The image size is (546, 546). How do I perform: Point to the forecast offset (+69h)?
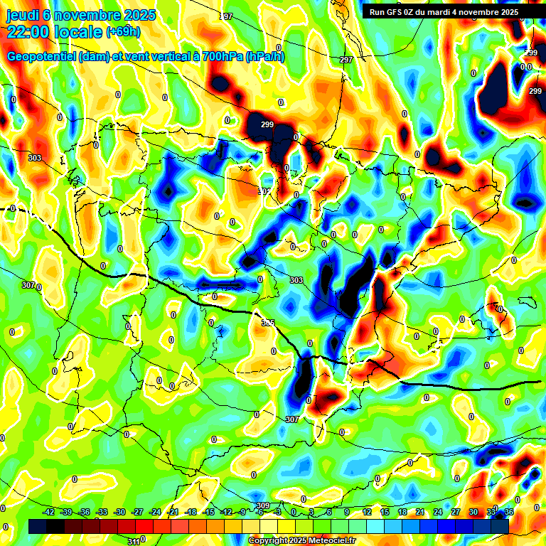coord(124,31)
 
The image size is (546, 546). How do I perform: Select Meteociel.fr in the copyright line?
coord(329,541)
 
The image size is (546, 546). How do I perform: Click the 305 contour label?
coord(268,323)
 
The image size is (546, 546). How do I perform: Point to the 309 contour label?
coord(263,506)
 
